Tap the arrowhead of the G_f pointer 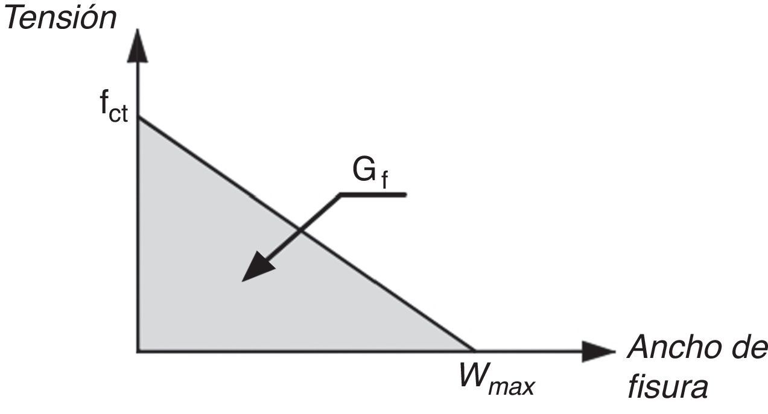(256, 269)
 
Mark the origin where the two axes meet (139, 351)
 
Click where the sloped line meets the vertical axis (139, 118)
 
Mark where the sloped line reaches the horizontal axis (474, 350)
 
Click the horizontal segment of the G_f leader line (374, 195)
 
